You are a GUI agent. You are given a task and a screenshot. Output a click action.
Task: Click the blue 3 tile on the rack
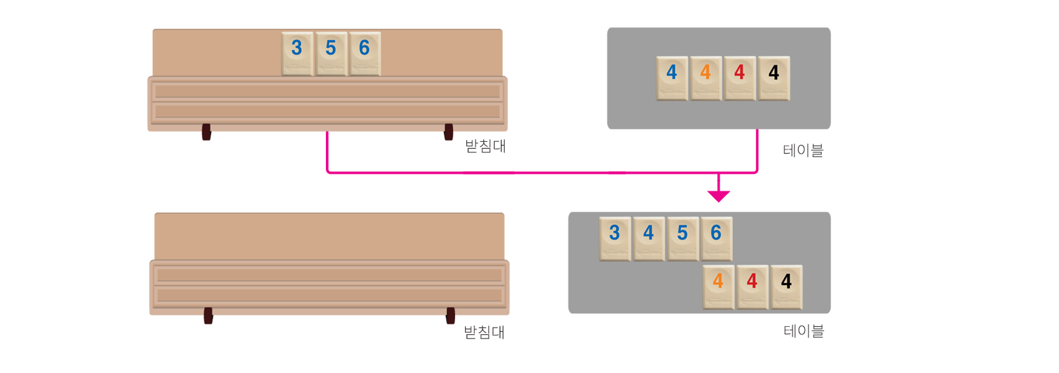click(297, 53)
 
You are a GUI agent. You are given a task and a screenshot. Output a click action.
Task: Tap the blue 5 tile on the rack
click(330, 53)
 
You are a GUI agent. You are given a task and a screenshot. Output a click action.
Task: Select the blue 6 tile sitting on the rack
click(365, 53)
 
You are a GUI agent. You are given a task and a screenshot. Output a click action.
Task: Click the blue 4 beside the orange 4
click(672, 78)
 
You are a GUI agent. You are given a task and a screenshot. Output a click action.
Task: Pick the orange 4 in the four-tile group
click(705, 78)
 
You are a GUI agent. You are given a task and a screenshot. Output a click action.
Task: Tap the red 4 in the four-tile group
click(740, 78)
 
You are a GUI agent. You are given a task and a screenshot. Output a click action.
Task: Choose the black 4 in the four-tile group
click(774, 78)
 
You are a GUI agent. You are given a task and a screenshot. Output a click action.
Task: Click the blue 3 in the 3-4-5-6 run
click(614, 238)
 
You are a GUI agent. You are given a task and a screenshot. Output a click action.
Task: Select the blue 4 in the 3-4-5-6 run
click(649, 238)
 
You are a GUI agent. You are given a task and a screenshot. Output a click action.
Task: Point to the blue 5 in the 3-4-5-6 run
click(682, 238)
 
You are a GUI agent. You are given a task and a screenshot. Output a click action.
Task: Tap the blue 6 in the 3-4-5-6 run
click(716, 238)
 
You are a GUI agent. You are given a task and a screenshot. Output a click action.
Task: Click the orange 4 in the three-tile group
click(718, 286)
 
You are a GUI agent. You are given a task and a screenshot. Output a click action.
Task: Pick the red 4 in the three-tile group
click(752, 286)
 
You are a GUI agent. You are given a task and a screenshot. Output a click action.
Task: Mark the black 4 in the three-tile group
click(786, 286)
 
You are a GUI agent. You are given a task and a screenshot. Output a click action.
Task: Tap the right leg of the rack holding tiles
click(448, 140)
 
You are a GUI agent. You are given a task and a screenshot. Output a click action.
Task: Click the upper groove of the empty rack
click(329, 275)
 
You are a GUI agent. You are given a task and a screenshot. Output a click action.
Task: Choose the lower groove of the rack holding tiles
click(327, 112)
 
